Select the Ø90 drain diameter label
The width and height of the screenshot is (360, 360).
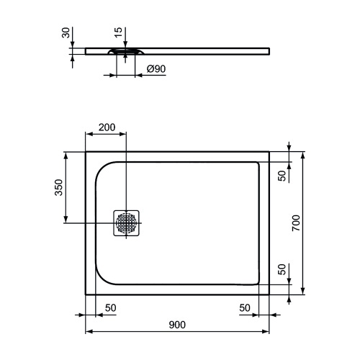tap(157, 69)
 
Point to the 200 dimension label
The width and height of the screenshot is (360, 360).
tap(107, 127)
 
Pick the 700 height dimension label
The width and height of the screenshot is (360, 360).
tap(295, 223)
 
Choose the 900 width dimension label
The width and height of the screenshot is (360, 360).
tap(177, 325)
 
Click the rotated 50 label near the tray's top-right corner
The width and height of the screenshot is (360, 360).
tap(283, 174)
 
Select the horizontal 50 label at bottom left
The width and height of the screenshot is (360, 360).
tap(111, 307)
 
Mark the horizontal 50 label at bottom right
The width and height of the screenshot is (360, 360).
tap(246, 307)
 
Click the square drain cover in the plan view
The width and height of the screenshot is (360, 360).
tap(127, 222)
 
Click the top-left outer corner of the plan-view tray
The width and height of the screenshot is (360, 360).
tap(86, 152)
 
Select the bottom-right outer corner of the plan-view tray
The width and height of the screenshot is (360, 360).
tap(269, 294)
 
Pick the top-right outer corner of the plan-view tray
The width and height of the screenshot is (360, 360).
tap(269, 152)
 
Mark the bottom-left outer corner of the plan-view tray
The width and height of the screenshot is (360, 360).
tap(86, 294)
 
